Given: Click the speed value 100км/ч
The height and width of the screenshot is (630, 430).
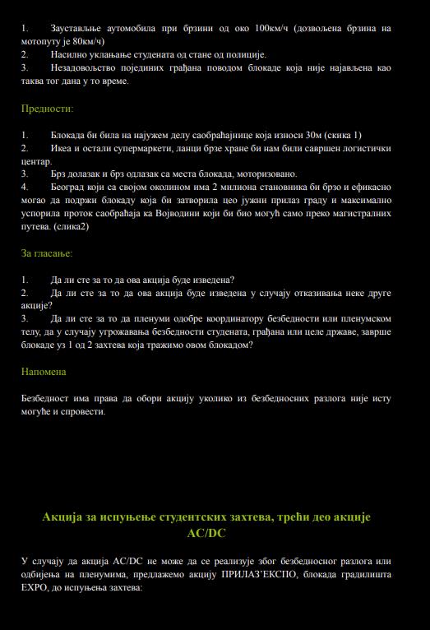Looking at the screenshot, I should point(275,28).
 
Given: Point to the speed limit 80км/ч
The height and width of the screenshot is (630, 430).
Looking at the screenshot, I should point(85,40).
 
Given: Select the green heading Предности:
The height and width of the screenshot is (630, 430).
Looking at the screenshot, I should point(47,108).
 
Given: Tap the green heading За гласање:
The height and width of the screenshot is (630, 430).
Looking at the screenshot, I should point(47,253).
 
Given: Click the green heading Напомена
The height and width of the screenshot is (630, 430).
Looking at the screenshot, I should point(44,372).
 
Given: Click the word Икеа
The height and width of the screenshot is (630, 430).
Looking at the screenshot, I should point(64,148).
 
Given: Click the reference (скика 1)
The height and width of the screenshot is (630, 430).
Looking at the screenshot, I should point(335,135).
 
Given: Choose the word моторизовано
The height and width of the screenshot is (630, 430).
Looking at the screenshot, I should point(266,174).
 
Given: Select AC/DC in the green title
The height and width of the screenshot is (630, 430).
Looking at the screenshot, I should point(206,534).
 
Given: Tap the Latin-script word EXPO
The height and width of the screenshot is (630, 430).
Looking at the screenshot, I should point(35,589).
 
